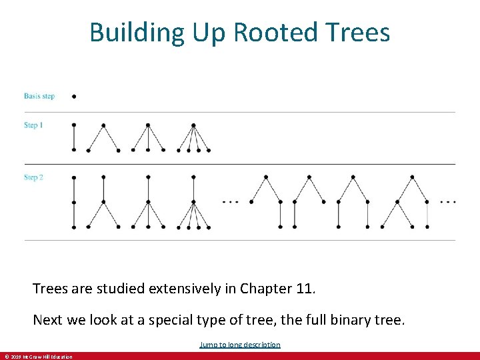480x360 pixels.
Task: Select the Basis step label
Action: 39,96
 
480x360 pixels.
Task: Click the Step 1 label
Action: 33,125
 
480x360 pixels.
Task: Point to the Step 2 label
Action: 33,177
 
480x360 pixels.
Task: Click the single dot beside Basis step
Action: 73,96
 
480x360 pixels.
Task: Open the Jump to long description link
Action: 240,345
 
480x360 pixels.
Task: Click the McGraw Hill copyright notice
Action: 39,357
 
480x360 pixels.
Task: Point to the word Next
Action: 47,320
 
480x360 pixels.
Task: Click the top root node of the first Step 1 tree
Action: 73,125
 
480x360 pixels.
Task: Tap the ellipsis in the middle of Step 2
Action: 229,201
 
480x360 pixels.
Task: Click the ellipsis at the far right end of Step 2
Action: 448,201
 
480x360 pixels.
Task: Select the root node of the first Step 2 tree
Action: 73,177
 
